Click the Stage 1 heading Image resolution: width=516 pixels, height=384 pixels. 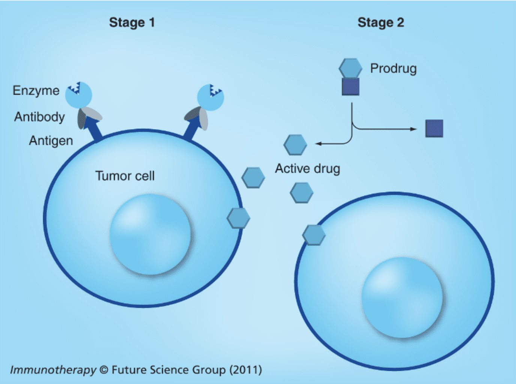(132, 23)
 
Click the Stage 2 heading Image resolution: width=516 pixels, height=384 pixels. (381, 23)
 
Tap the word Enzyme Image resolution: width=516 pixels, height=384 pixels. (36, 90)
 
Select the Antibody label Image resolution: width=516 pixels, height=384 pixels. (39, 117)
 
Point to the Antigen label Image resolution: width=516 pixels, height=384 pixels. (51, 141)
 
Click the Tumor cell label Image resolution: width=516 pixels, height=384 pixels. (125, 176)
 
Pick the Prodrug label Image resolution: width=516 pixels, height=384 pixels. (393, 68)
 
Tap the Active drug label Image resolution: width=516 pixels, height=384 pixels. (307, 169)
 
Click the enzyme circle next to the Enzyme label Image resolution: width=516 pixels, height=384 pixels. (79, 95)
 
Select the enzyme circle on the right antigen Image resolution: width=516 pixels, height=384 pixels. (210, 97)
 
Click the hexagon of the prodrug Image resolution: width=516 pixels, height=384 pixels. (350, 68)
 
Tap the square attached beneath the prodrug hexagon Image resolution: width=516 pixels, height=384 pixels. (350, 87)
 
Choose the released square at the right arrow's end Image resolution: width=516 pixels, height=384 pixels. (434, 128)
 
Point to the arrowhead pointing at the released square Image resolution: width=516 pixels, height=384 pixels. (413, 129)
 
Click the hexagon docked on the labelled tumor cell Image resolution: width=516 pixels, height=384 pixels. (238, 218)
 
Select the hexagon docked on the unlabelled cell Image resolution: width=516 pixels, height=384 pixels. (314, 235)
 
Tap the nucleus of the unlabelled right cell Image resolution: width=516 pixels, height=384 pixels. (402, 298)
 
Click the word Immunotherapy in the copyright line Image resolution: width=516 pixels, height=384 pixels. (53, 370)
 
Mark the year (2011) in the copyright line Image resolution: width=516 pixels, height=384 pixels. (246, 370)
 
